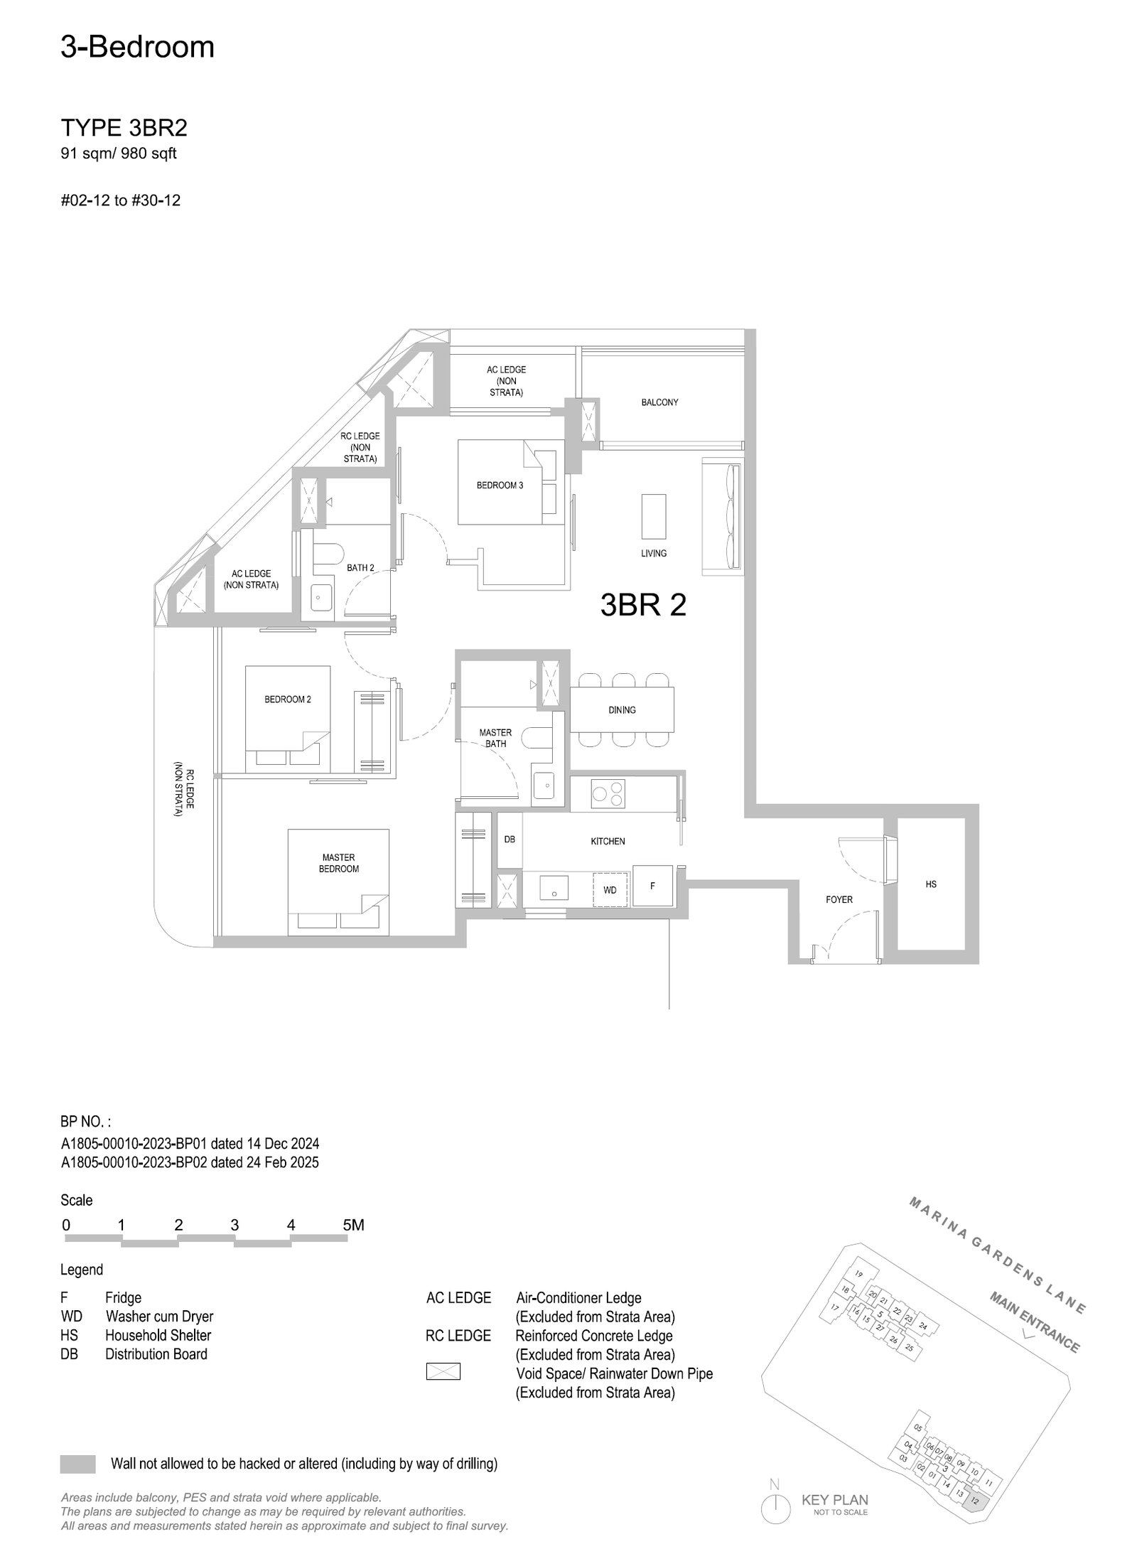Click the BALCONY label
click(x=659, y=402)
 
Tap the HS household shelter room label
click(x=930, y=884)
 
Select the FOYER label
click(x=839, y=899)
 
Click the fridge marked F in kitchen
click(x=652, y=885)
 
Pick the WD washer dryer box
click(x=611, y=889)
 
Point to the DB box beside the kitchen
click(x=510, y=840)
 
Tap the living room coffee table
click(x=654, y=517)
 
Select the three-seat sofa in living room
click(x=722, y=516)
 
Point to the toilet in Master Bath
click(x=538, y=739)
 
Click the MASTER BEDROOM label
click(x=339, y=863)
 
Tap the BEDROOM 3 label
click(x=500, y=486)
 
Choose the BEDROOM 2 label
click(x=288, y=699)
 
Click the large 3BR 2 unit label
click(x=643, y=605)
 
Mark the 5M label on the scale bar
click(x=353, y=1225)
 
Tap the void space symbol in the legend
click(x=443, y=1371)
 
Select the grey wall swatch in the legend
click(x=78, y=1464)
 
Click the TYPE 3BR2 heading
click(x=124, y=128)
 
